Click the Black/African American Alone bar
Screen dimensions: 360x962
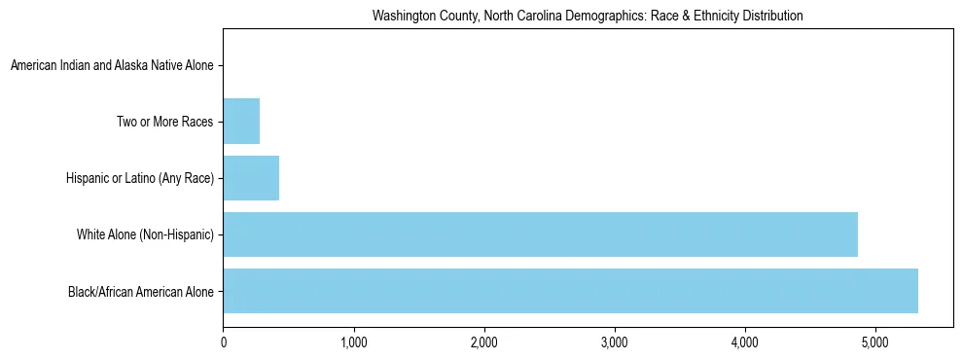click(x=570, y=291)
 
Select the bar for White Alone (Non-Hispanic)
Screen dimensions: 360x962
click(x=540, y=234)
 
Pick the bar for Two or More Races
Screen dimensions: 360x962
click(x=241, y=122)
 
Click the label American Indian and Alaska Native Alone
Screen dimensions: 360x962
click(x=112, y=66)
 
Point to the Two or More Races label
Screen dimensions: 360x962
click(x=165, y=123)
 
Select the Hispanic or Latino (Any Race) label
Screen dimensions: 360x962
click(x=140, y=179)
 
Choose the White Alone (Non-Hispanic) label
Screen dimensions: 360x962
click(x=145, y=235)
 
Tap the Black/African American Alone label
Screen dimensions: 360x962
click(x=141, y=292)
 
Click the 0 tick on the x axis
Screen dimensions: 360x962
click(x=224, y=342)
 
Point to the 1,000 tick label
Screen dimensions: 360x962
click(x=354, y=342)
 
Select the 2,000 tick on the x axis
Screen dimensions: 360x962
click(x=484, y=342)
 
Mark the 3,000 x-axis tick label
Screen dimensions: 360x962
click(x=615, y=342)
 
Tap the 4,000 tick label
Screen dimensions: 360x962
click(x=745, y=342)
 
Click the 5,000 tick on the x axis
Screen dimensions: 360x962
click(x=875, y=342)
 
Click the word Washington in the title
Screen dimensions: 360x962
click(x=401, y=17)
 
